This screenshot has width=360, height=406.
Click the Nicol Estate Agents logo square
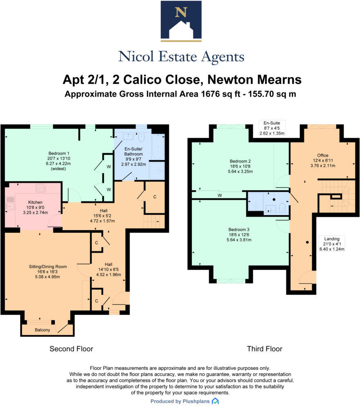tap(181, 21)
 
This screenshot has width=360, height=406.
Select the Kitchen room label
tap(35, 202)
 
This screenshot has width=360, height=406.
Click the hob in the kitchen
tap(41, 188)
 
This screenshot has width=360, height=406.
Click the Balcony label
tap(43, 330)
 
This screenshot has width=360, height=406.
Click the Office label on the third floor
tap(323, 155)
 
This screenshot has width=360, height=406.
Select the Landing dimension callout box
tap(332, 244)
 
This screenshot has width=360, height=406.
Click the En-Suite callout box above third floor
tap(274, 128)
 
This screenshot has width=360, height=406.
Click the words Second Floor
tap(71, 349)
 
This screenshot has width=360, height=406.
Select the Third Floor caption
tap(264, 349)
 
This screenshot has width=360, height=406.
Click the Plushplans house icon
tap(215, 401)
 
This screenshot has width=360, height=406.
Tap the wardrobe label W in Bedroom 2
tap(220, 195)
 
